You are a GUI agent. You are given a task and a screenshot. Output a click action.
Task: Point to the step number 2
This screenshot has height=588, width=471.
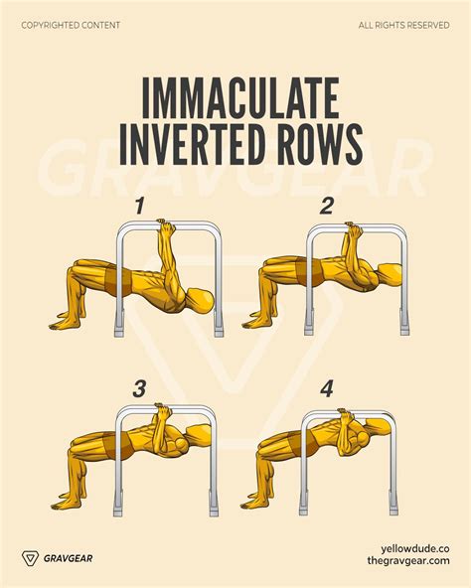327,206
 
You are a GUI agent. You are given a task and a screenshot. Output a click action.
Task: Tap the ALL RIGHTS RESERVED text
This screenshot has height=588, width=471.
404,24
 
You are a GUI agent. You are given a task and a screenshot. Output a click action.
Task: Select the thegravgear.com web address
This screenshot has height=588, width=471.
407,563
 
